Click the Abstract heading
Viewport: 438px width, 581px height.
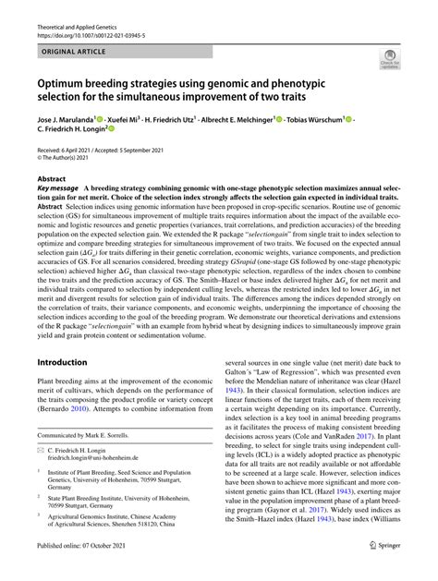[x=51, y=177]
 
